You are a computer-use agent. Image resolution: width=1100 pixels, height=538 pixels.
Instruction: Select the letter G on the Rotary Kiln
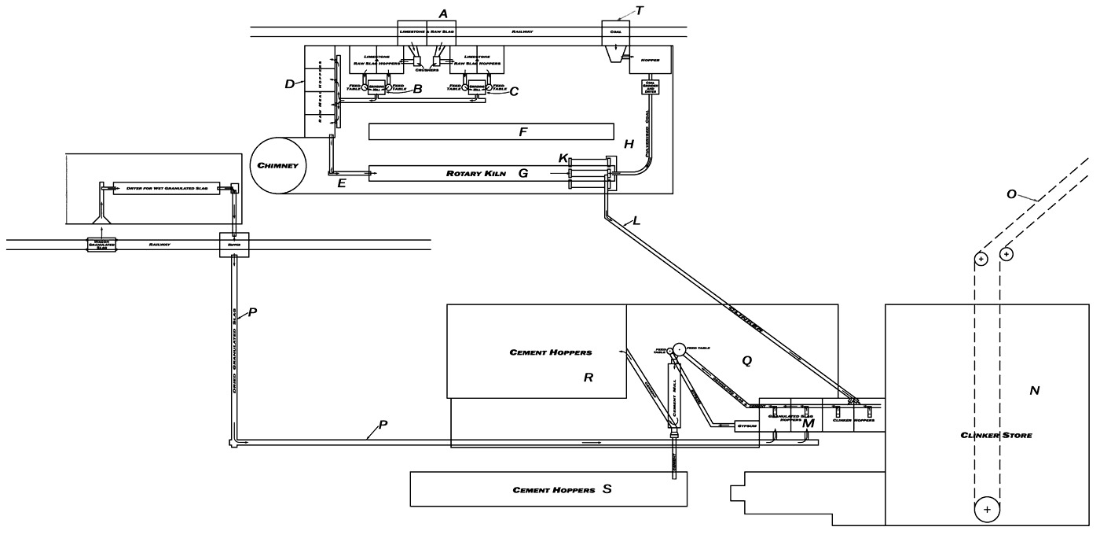(522, 172)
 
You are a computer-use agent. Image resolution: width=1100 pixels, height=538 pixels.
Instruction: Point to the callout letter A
(443, 13)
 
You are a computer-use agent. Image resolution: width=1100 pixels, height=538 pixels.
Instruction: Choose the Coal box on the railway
(615, 32)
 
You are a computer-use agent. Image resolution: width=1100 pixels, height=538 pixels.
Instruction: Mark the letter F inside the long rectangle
(522, 132)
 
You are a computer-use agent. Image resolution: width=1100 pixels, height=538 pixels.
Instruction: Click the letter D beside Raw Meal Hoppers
(289, 84)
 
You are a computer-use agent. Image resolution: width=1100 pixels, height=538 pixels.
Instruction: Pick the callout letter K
(563, 158)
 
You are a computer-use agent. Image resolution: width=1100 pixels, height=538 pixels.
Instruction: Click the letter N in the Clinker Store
(1034, 391)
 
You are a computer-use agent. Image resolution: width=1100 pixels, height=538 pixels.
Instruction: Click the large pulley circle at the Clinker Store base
(986, 510)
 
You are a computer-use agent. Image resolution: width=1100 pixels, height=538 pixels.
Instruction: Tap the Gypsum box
(746, 426)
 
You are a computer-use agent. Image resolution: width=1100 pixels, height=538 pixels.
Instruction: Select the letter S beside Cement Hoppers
(606, 489)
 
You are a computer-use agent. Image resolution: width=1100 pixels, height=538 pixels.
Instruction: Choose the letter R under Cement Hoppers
(587, 377)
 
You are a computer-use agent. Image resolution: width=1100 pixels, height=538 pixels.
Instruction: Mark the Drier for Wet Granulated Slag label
(166, 188)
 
